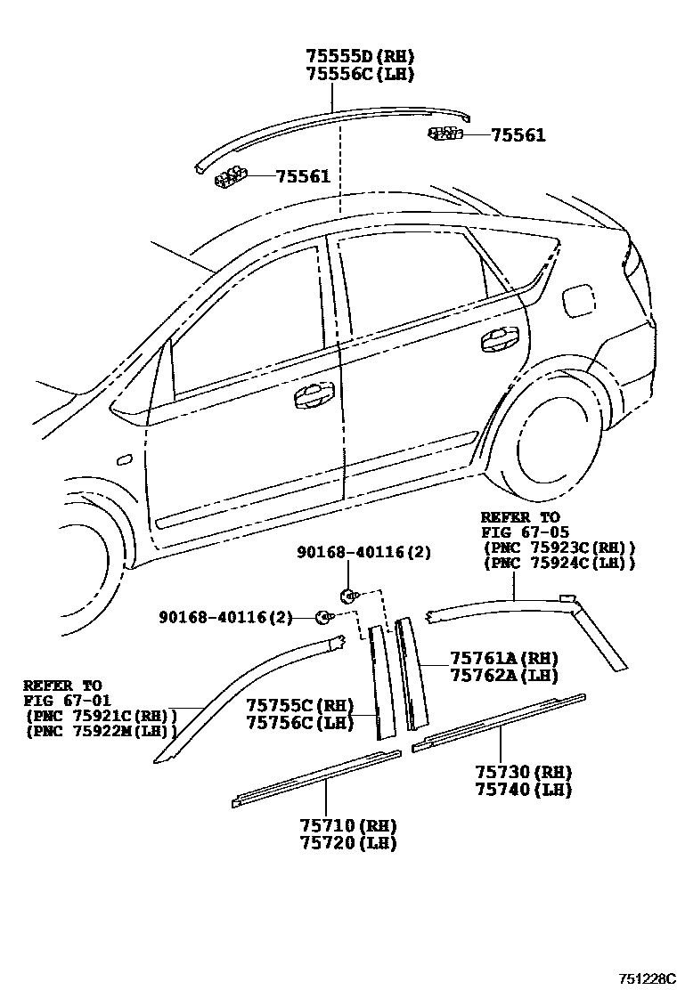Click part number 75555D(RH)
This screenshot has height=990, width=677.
click(360, 56)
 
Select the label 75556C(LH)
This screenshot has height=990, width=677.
click(360, 74)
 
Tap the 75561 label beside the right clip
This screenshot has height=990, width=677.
click(518, 135)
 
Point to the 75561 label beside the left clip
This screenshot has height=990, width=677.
click(303, 176)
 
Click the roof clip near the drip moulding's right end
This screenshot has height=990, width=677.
click(445, 134)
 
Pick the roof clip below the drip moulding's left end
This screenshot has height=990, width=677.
click(230, 176)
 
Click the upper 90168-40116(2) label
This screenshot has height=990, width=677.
click(363, 552)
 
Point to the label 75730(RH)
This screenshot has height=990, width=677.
click(522, 772)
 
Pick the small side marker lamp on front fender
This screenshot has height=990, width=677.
click(125, 459)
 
